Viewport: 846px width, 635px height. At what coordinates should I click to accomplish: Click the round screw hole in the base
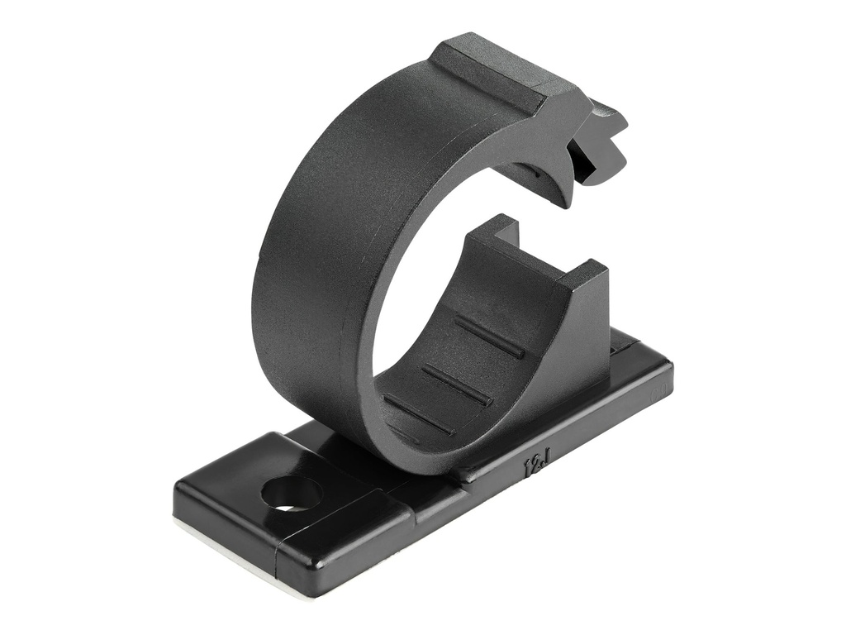[x=291, y=494]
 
